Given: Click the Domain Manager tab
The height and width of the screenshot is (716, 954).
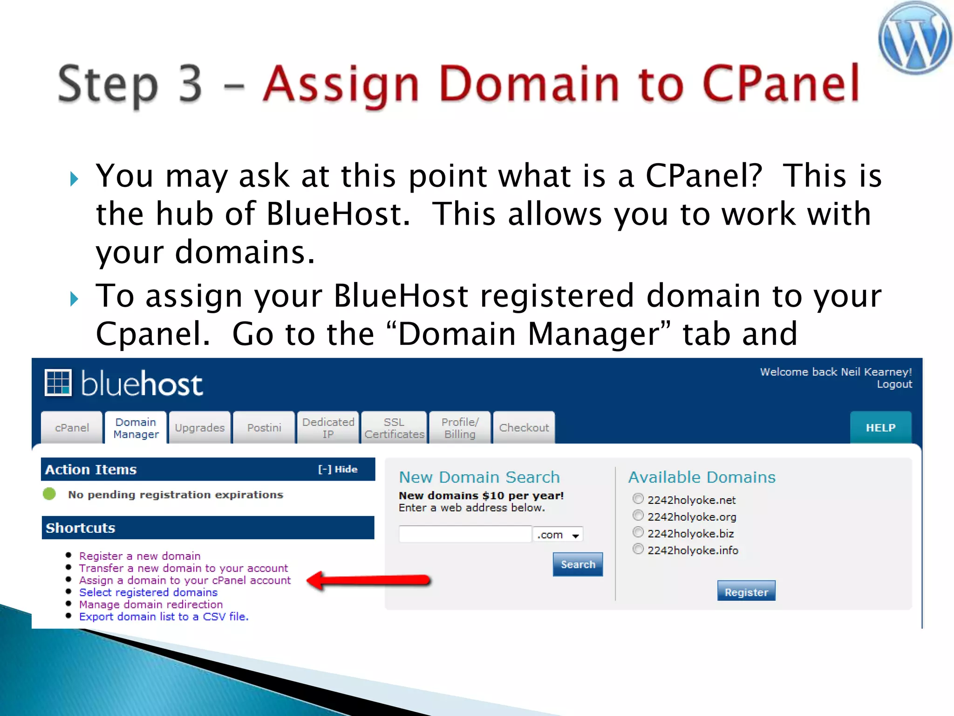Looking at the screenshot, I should coord(136,427).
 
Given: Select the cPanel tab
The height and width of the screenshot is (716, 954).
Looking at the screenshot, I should coord(72,427).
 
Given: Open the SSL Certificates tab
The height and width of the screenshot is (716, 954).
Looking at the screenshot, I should coord(394,427).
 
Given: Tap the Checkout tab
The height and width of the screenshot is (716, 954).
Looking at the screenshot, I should coord(524,427).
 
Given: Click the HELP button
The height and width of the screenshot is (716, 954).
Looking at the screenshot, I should coord(880,427).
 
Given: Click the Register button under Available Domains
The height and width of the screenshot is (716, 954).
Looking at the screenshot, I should coord(746,592).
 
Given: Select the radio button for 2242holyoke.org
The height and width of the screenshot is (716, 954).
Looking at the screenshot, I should coord(638,516).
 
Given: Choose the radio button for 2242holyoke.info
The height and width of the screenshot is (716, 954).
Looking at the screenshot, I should coord(638,549).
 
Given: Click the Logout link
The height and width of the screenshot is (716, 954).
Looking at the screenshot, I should coord(894,384).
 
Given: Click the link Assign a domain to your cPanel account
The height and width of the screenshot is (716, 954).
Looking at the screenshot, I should coord(184,580).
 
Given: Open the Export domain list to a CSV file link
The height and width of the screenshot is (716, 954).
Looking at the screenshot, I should coord(164,616).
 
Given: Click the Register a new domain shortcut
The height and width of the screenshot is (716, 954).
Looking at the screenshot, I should coord(139,556).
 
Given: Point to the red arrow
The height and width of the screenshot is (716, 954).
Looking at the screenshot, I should coord(368,580).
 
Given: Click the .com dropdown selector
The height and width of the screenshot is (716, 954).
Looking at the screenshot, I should coord(558,535).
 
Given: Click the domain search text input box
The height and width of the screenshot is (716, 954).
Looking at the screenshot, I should coord(465,534).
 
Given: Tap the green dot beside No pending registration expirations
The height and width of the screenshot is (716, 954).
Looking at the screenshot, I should coord(49,494).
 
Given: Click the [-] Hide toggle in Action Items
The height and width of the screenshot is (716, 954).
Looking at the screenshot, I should coord(337,469).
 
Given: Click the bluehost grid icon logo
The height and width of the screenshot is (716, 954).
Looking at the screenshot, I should coord(58,383).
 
